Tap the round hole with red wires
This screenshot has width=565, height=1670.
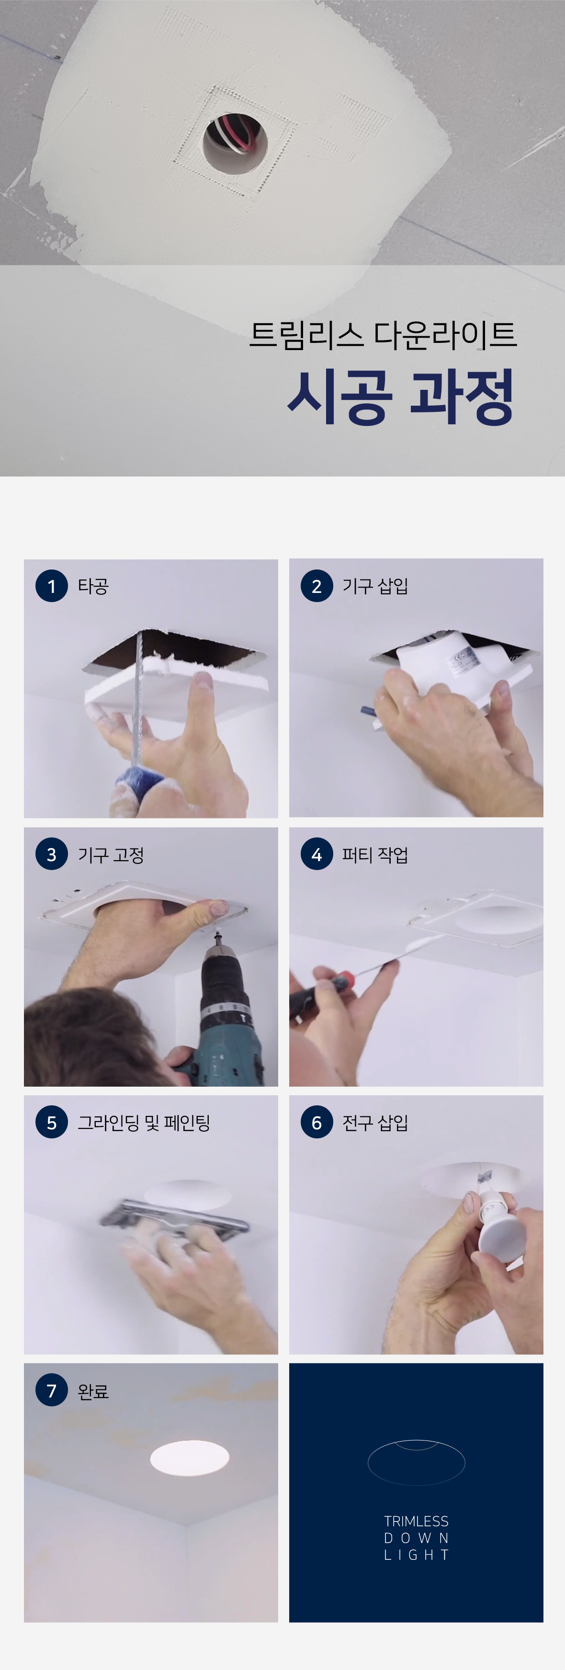click(235, 144)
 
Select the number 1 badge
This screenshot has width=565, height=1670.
click(52, 586)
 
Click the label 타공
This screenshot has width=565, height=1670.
click(93, 586)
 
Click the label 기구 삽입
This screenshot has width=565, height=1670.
click(375, 586)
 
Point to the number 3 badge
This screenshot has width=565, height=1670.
click(52, 854)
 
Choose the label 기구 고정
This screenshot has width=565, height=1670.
click(111, 854)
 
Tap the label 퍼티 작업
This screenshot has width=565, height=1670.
click(375, 854)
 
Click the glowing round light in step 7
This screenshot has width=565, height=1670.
click(189, 1457)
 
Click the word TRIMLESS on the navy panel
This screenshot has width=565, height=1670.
click(416, 1522)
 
